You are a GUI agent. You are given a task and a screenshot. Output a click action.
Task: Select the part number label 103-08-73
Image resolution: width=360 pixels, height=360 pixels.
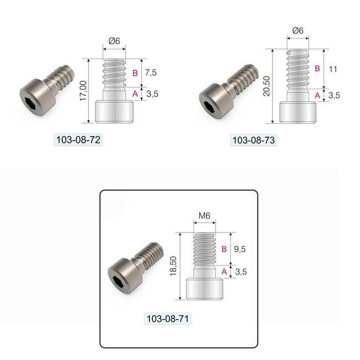(x=253, y=141)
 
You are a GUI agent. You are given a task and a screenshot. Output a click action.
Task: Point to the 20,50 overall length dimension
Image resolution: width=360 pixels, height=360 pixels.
(x=266, y=86)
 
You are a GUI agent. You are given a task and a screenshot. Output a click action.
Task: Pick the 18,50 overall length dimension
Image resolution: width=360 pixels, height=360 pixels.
(x=174, y=266)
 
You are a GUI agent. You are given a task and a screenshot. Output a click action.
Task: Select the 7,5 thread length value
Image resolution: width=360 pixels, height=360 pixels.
(x=151, y=73)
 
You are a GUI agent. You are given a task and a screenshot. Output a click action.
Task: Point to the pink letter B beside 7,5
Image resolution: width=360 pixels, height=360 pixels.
(x=135, y=73)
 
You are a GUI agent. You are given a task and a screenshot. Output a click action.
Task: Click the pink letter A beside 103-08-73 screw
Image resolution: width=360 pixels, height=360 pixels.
(x=317, y=95)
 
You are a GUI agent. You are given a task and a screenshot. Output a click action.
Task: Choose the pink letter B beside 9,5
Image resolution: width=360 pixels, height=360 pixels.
(x=224, y=249)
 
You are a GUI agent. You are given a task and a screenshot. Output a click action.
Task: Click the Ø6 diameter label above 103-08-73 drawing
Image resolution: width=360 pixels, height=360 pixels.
(x=297, y=31)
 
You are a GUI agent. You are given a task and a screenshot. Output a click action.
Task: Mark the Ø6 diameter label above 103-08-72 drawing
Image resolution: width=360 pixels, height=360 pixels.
(x=115, y=41)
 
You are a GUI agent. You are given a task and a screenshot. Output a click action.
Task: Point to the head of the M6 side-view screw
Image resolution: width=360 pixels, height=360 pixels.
(x=205, y=289)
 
